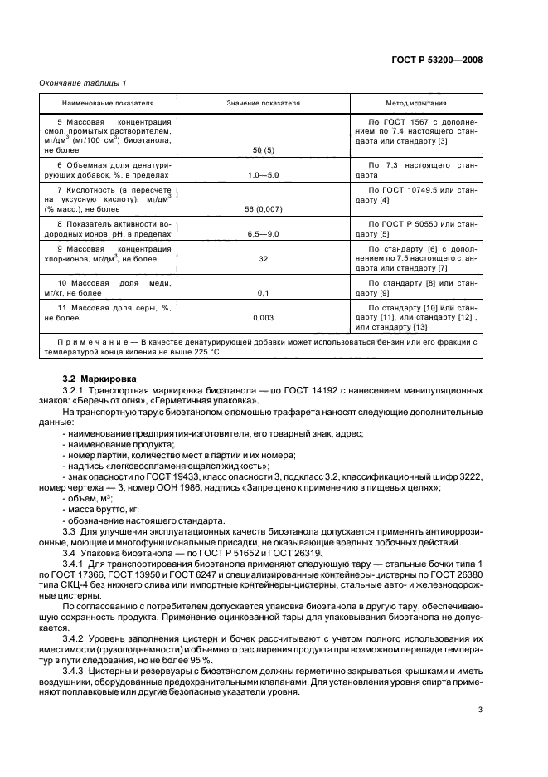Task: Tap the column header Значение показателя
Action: (263, 104)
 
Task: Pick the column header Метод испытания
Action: (418, 104)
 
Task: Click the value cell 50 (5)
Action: (263, 149)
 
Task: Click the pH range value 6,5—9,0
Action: (263, 235)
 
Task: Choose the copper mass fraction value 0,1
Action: (263, 292)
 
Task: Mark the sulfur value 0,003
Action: (263, 316)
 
